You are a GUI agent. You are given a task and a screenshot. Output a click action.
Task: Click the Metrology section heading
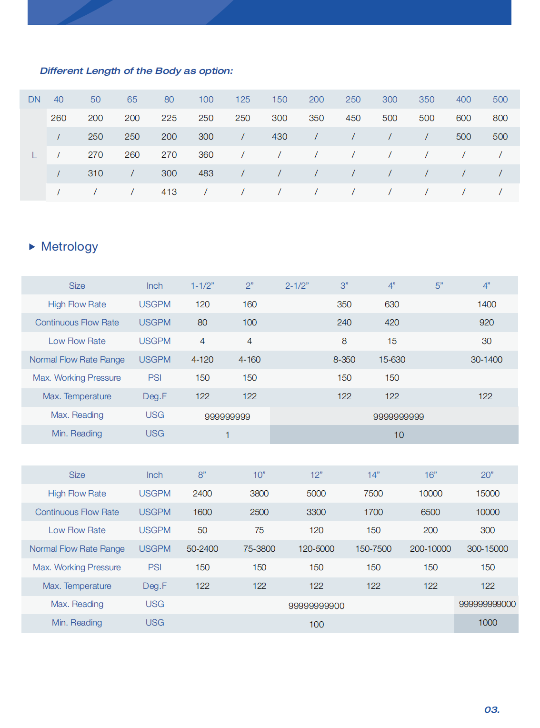[70, 246]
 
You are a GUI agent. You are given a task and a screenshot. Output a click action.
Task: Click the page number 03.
[491, 709]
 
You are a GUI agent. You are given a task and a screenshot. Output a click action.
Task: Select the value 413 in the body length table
[169, 192]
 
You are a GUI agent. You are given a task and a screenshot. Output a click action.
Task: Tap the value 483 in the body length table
[206, 173]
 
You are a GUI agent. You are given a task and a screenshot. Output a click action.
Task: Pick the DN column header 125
[243, 100]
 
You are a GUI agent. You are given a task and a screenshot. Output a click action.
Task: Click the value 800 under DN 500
[500, 118]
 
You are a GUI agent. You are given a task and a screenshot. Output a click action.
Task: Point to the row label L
[34, 155]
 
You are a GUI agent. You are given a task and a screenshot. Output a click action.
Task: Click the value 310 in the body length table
[95, 173]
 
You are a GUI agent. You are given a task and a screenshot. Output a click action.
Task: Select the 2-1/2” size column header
[297, 286]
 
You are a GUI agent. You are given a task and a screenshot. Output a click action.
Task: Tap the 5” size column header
[439, 286]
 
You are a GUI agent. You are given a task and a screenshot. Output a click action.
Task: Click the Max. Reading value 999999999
[227, 417]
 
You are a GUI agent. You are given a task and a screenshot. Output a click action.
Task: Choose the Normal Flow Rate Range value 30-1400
[486, 360]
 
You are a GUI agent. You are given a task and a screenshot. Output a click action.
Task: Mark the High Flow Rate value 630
[392, 304]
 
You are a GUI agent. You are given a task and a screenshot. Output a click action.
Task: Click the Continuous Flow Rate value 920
[486, 323]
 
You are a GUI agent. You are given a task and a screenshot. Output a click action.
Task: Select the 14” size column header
[373, 475]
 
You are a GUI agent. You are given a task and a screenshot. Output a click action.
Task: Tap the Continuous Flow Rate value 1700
[373, 512]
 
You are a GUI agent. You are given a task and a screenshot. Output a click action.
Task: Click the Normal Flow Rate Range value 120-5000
[316, 549]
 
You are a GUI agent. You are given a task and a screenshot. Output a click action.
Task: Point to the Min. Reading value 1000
[488, 623]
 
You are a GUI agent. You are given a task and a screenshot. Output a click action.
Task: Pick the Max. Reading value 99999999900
[316, 606]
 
